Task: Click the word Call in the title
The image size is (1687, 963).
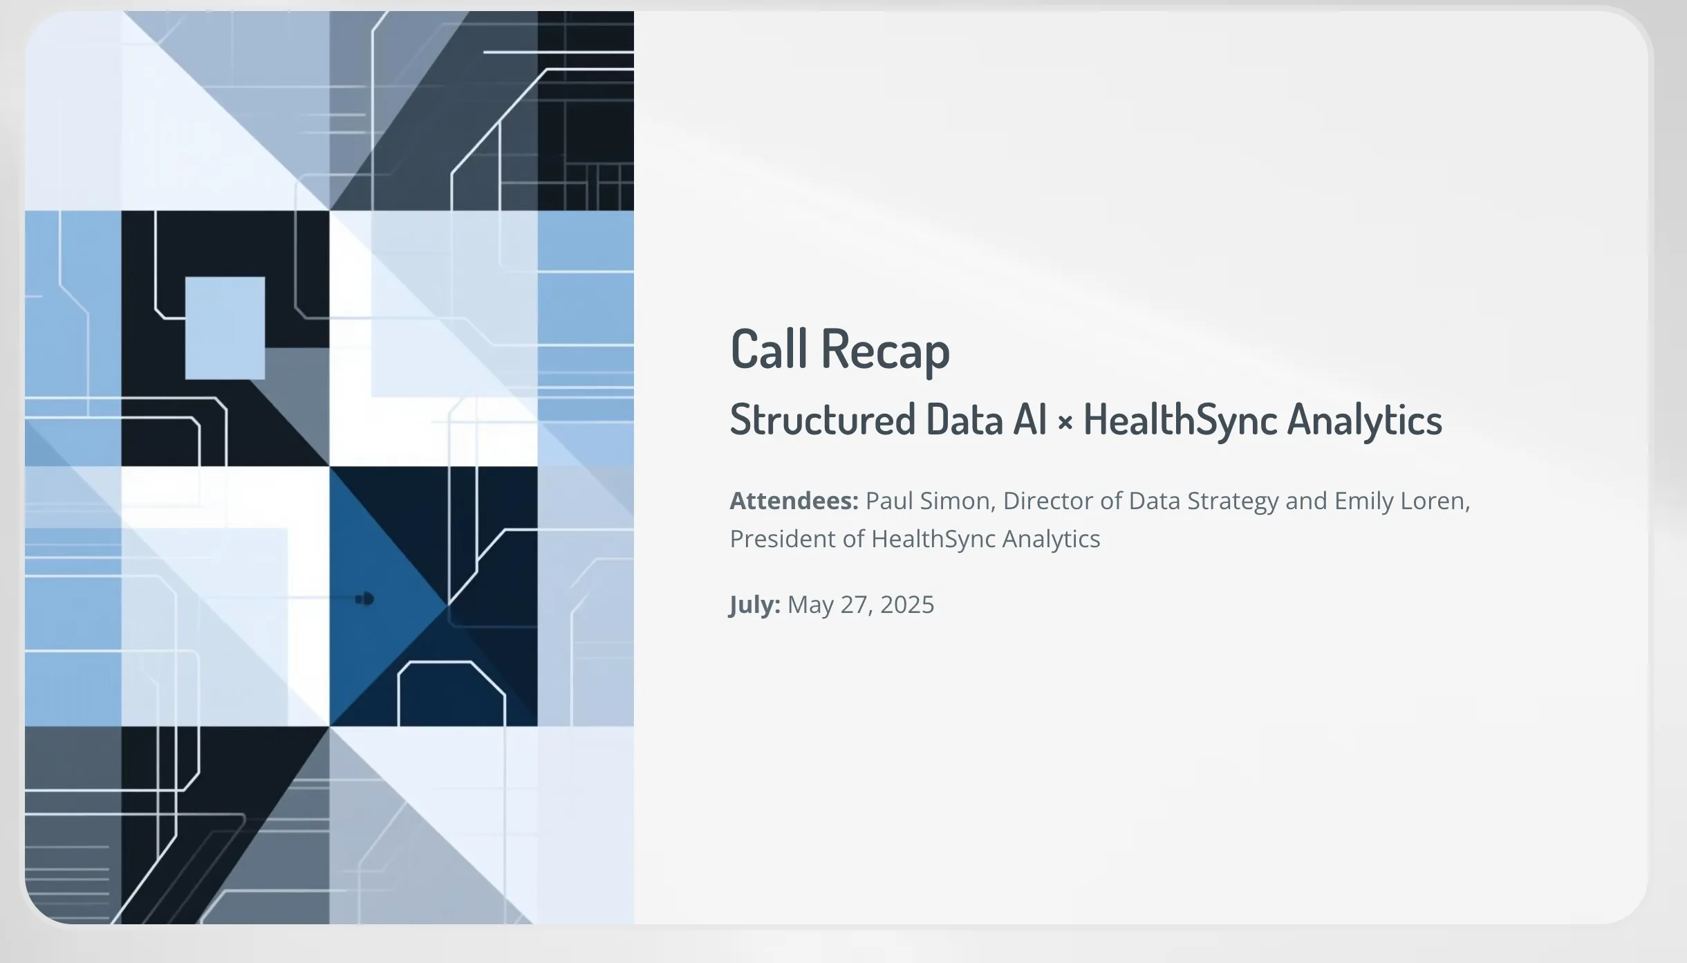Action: (769, 349)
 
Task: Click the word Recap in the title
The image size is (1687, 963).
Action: (886, 351)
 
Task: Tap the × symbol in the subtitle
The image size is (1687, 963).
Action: (1065, 422)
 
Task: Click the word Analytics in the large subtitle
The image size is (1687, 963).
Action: (1365, 421)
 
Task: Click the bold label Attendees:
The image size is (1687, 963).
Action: (794, 500)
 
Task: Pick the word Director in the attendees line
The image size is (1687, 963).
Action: (1048, 500)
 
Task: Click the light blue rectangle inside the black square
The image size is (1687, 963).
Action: (225, 328)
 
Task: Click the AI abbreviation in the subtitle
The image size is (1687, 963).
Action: (1029, 419)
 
